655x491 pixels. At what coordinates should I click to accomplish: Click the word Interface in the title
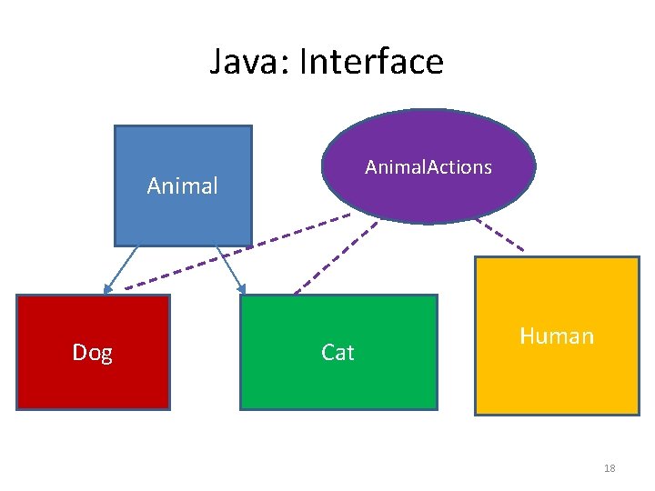[371, 62]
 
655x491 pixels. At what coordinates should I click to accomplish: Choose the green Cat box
[338, 382]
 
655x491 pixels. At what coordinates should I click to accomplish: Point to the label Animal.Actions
[428, 166]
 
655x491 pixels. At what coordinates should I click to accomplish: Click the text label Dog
[93, 352]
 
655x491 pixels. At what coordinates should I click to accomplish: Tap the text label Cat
[338, 352]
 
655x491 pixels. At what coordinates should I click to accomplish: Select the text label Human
[557, 336]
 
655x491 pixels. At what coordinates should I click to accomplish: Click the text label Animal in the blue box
[182, 186]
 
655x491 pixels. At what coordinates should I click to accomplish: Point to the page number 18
[610, 468]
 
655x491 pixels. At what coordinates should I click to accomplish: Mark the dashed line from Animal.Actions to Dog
[237, 253]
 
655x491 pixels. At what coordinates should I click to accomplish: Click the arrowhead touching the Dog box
[107, 289]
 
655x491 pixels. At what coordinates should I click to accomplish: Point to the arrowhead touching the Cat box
[242, 289]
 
